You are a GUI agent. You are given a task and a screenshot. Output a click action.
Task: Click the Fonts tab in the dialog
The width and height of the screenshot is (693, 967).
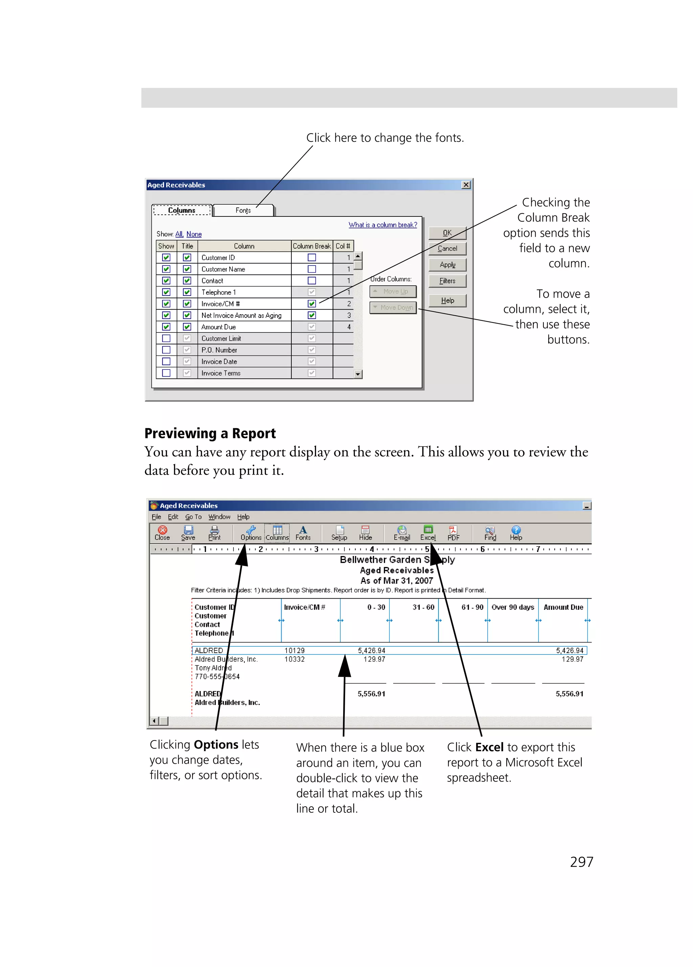[x=243, y=210]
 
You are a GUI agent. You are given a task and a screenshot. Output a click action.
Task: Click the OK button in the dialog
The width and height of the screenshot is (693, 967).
[x=447, y=233]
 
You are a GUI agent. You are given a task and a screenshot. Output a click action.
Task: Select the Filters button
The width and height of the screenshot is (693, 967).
[x=447, y=281]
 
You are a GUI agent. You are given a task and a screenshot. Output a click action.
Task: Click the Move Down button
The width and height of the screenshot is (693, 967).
[x=393, y=307]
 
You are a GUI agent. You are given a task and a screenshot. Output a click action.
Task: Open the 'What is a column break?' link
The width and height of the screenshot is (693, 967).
[x=382, y=225]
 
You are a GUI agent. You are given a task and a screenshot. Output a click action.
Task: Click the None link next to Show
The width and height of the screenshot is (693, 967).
[x=194, y=234]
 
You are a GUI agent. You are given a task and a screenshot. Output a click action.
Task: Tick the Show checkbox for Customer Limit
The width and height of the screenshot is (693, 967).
[x=166, y=339]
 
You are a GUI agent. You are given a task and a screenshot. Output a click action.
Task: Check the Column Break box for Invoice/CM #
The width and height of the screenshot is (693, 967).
[x=312, y=304]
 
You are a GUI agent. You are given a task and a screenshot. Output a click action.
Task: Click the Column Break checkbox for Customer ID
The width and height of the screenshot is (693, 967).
[x=312, y=257]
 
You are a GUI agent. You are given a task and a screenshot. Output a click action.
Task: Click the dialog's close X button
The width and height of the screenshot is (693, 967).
[x=466, y=185]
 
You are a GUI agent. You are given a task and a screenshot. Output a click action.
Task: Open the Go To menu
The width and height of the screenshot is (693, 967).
[x=193, y=517]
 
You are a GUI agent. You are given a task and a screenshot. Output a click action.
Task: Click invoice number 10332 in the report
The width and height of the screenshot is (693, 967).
[x=294, y=659]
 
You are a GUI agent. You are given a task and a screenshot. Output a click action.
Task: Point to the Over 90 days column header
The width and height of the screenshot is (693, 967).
[x=512, y=607]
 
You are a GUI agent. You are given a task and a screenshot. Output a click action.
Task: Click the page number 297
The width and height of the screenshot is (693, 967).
[x=581, y=862]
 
